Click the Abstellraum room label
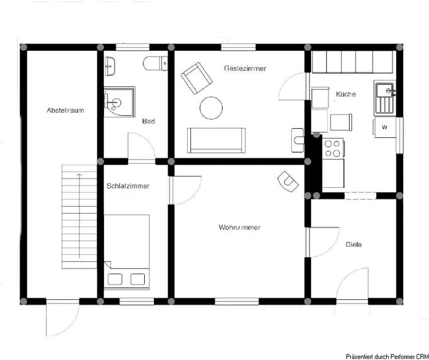point(65,110)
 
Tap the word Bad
point(149,121)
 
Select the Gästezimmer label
point(245,68)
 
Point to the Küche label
point(346,94)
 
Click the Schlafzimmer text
point(128,186)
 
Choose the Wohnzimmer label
point(239,228)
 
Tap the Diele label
point(353,245)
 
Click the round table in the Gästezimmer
point(210,108)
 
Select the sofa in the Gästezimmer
point(216,140)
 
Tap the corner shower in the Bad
point(118,101)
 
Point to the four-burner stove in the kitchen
point(333,149)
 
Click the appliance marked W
point(384,127)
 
